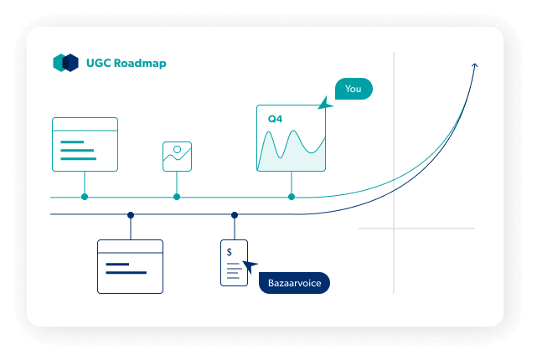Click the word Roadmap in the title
pyautogui.click(x=142, y=63)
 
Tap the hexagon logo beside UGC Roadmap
pyautogui.click(x=65, y=63)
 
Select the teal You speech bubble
pyautogui.click(x=353, y=89)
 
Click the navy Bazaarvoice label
pyautogui.click(x=294, y=283)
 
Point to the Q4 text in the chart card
pyautogui.click(x=275, y=120)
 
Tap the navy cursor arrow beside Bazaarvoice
pyautogui.click(x=249, y=268)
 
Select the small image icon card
pyautogui.click(x=177, y=156)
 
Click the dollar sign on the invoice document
pyautogui.click(x=229, y=251)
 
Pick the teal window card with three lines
pyautogui.click(x=85, y=144)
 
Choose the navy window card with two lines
pyautogui.click(x=130, y=266)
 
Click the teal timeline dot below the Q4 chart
pyautogui.click(x=292, y=197)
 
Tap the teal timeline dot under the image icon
pyautogui.click(x=177, y=197)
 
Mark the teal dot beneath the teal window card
pyautogui.click(x=85, y=197)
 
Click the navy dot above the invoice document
pyautogui.click(x=235, y=215)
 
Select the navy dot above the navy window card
pyautogui.click(x=131, y=215)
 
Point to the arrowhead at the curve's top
pyautogui.click(x=475, y=65)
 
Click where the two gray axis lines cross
pyautogui.click(x=394, y=228)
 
